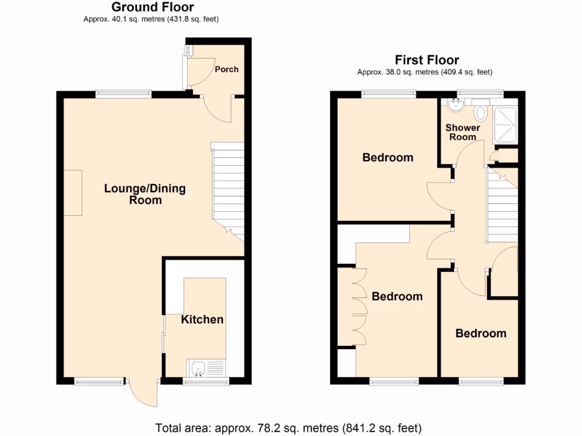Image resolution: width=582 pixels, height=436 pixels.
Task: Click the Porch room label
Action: (226, 69)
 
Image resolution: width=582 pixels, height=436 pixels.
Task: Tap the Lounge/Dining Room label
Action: (145, 194)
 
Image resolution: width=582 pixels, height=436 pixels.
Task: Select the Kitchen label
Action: (202, 320)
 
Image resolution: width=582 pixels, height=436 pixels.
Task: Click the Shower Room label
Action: (463, 132)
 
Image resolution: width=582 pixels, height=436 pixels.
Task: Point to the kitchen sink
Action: (199, 369)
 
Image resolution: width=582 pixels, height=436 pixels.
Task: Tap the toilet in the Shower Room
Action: (481, 113)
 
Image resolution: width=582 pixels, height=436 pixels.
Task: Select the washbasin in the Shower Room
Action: (456, 105)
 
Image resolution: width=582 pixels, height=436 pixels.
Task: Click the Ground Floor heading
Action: (152, 7)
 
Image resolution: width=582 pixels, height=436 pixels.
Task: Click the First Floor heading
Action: (427, 60)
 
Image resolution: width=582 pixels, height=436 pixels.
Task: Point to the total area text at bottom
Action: (289, 427)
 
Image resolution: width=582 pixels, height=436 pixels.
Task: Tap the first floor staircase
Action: (502, 207)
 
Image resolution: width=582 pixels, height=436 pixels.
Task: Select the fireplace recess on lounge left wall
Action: (73, 192)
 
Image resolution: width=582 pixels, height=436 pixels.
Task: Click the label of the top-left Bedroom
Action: (388, 157)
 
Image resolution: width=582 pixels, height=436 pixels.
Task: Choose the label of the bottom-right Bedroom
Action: (481, 333)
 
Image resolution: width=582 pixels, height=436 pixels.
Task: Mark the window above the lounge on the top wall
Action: (123, 95)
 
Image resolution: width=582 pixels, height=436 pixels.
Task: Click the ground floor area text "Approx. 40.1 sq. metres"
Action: (151, 19)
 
